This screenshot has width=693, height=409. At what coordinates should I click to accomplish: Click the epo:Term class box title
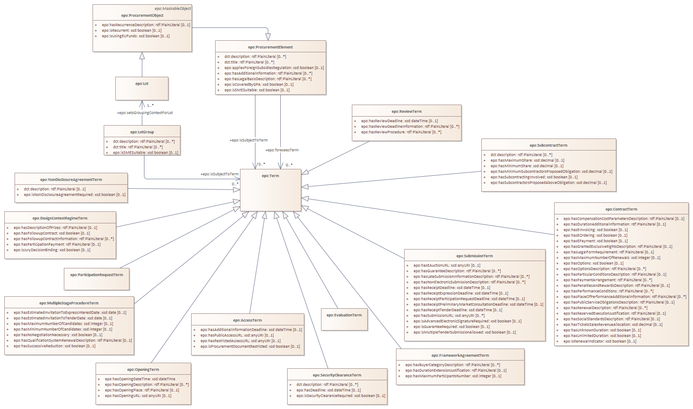[x=270, y=176]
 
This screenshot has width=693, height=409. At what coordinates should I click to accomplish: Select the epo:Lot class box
[x=142, y=88]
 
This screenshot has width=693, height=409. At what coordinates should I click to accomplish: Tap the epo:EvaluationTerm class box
[x=344, y=319]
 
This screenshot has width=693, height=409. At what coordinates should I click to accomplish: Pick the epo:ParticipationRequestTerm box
[x=96, y=279]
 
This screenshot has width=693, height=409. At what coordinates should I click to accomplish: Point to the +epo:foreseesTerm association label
[x=282, y=150]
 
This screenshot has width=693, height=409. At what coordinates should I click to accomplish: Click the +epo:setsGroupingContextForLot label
[x=145, y=113]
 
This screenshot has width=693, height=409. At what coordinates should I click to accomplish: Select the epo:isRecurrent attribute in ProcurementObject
[x=132, y=30]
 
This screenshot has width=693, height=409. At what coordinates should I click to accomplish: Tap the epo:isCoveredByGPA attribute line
[x=259, y=84]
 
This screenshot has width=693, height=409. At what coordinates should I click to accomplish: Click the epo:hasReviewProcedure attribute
[x=401, y=132]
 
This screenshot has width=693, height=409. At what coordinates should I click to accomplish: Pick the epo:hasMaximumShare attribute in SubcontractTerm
[x=527, y=160]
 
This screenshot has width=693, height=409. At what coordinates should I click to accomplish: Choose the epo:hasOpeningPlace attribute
[x=142, y=390]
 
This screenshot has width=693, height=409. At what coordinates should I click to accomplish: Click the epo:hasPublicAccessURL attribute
[x=237, y=335]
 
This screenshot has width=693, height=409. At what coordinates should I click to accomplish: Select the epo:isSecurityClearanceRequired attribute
[x=341, y=396]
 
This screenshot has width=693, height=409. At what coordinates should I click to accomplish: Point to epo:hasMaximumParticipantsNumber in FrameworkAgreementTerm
[x=453, y=376]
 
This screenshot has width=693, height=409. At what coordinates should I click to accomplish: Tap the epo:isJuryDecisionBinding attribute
[x=52, y=250]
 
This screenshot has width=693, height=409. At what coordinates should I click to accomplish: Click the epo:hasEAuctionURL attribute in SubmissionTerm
[x=447, y=265]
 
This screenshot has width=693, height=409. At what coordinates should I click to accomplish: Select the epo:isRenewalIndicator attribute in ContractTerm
[x=600, y=341]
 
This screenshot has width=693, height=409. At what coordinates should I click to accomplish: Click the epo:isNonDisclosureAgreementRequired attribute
[x=75, y=195]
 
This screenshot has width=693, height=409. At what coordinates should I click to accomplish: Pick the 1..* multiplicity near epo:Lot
[x=150, y=105]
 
